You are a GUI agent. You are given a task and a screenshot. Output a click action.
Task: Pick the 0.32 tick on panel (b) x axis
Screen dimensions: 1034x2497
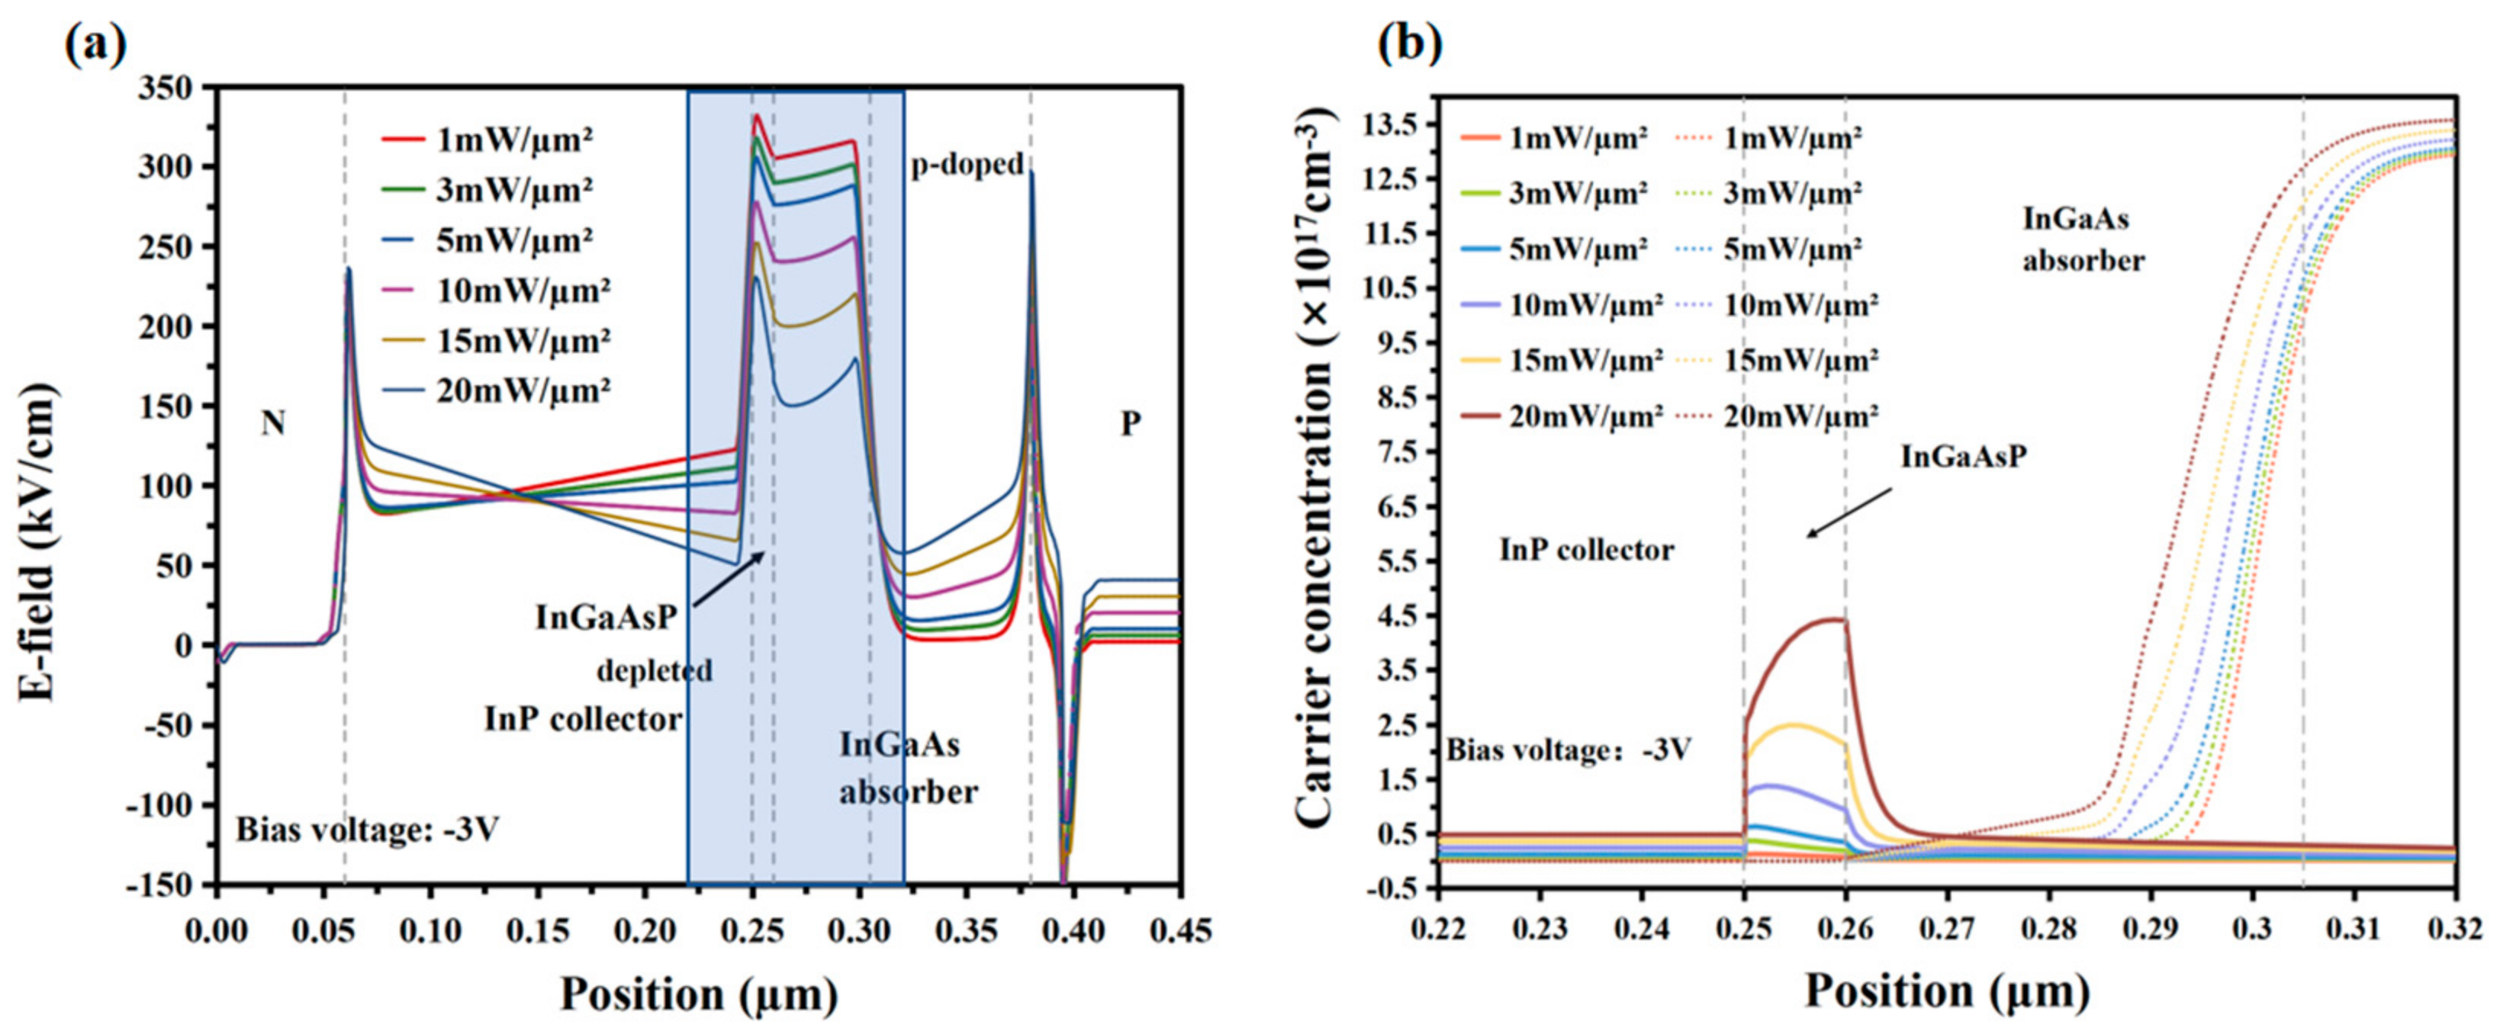[x=2454, y=930]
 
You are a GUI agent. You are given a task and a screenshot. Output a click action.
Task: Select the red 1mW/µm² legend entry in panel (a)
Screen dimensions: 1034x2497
[x=484, y=140]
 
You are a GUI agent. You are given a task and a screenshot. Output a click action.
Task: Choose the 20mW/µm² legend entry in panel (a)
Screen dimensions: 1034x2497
[x=494, y=391]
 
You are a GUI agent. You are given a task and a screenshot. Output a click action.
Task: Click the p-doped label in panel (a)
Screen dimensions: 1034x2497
[x=967, y=165]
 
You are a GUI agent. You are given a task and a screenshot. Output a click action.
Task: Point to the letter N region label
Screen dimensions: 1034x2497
[x=272, y=423]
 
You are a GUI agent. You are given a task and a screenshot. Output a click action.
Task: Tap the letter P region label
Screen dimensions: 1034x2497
[x=1130, y=423]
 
